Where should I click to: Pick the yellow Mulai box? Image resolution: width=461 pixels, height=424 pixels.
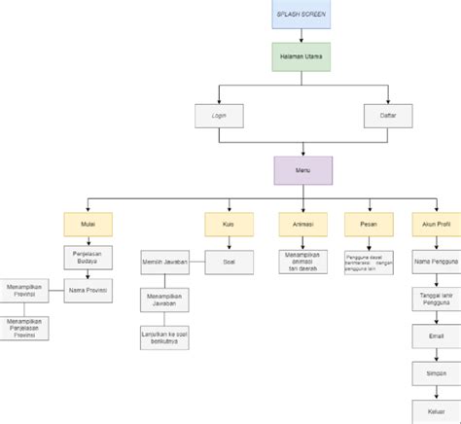point(89,223)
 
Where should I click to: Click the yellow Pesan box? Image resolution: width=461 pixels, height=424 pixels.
point(368,223)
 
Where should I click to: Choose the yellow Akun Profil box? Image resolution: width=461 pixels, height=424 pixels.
point(435,223)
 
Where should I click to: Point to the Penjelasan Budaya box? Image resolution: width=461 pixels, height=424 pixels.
point(89,257)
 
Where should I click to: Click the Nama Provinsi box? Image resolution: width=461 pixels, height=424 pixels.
point(89,290)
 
